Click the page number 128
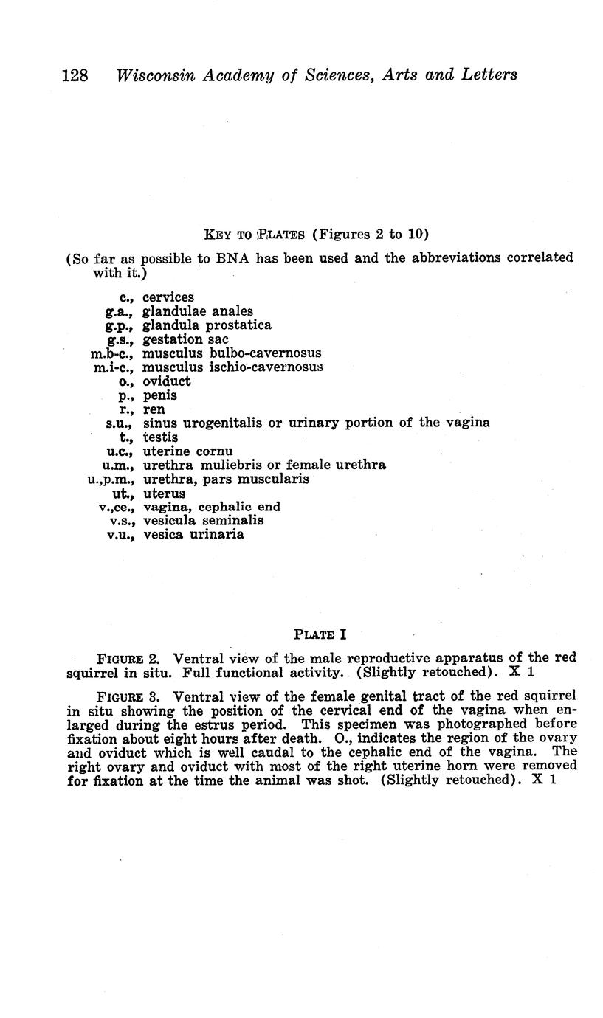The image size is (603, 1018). coord(75,75)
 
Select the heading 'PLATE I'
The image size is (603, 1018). coord(320,634)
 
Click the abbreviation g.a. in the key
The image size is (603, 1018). coord(120,312)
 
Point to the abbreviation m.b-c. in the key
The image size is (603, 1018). coord(111,354)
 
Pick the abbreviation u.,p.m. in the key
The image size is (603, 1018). coord(110,479)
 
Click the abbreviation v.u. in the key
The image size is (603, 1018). coord(120,535)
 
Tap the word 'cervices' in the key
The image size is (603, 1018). coord(168,298)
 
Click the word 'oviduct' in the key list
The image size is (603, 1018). coord(167,381)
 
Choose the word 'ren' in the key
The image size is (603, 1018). coord(154,409)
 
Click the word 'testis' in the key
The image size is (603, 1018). coord(160,437)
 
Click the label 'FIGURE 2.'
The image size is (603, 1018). coord(129,658)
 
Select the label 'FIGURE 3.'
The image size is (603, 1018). coord(129,696)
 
